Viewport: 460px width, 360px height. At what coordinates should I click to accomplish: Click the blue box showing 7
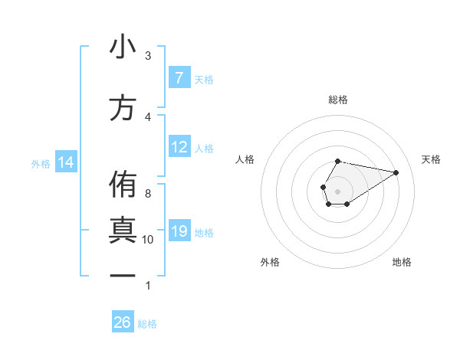click(x=179, y=78)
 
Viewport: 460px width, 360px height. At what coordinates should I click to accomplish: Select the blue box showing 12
click(x=179, y=147)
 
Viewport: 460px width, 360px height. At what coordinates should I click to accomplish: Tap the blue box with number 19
click(x=179, y=231)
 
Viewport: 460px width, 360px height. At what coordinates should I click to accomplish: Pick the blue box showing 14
click(x=65, y=162)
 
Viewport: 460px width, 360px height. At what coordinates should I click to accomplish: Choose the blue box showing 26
click(x=123, y=322)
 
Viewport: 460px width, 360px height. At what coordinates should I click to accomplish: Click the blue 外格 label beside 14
click(x=41, y=163)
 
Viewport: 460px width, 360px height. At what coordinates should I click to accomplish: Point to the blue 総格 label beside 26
click(x=147, y=323)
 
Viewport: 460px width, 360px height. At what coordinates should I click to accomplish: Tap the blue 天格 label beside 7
click(x=204, y=79)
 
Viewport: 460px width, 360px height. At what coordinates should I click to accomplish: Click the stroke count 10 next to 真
click(x=148, y=240)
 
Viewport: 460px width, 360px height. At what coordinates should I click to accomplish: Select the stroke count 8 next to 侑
click(x=148, y=193)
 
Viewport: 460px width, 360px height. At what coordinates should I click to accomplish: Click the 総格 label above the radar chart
click(x=338, y=100)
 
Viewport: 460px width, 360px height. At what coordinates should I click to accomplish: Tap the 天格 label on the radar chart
click(x=432, y=159)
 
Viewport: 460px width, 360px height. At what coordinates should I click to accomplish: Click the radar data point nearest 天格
click(x=396, y=172)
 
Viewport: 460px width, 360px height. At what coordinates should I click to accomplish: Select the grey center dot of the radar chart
click(x=338, y=190)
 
